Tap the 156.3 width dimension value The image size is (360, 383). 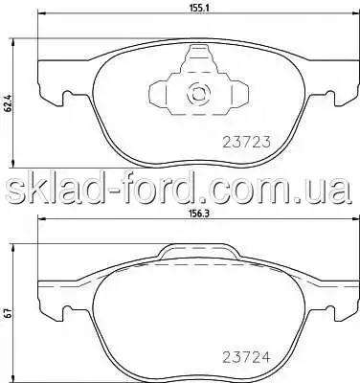tap(199, 214)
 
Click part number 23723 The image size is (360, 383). tap(246, 142)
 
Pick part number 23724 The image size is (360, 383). tap(246, 357)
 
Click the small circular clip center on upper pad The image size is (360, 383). tap(198, 94)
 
